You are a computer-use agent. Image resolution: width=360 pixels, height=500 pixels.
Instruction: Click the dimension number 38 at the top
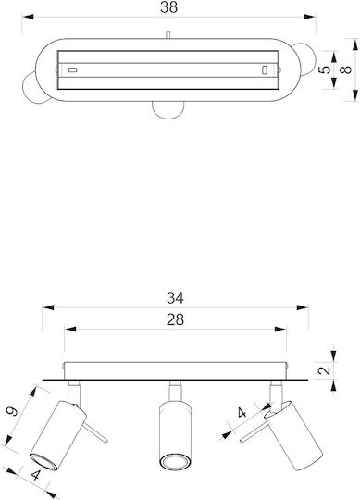point(168,7)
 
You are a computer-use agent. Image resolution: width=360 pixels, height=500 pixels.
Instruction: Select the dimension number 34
point(175,298)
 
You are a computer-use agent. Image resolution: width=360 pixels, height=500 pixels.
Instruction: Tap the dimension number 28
point(175,319)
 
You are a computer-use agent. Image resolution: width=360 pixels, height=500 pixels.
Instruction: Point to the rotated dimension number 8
point(346,69)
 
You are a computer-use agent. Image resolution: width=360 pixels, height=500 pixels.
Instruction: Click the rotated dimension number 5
point(325,69)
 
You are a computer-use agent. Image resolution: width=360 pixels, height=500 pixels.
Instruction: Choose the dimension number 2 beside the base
point(325,370)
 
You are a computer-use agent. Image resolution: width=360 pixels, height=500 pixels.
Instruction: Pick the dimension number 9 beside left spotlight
point(12,411)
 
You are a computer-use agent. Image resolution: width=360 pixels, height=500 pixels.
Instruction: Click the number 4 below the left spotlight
point(36,475)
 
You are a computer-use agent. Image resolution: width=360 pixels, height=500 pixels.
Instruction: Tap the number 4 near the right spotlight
point(242,413)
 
